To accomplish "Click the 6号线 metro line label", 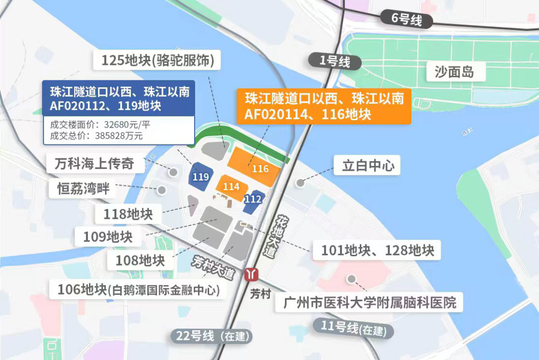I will pyautogui.click(x=406, y=19).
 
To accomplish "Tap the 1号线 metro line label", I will pyautogui.click(x=334, y=61).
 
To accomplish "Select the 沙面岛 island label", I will pyautogui.click(x=454, y=72).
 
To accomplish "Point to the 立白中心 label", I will pyautogui.click(x=368, y=166).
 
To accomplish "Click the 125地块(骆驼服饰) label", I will pyautogui.click(x=158, y=61).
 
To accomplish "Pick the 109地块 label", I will pyautogui.click(x=108, y=236).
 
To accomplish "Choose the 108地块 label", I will pyautogui.click(x=140, y=260).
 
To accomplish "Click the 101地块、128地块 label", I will pyautogui.click(x=377, y=250).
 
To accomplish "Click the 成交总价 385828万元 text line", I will pyautogui.click(x=96, y=135).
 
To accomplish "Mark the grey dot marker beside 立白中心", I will pyautogui.click(x=300, y=183).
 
